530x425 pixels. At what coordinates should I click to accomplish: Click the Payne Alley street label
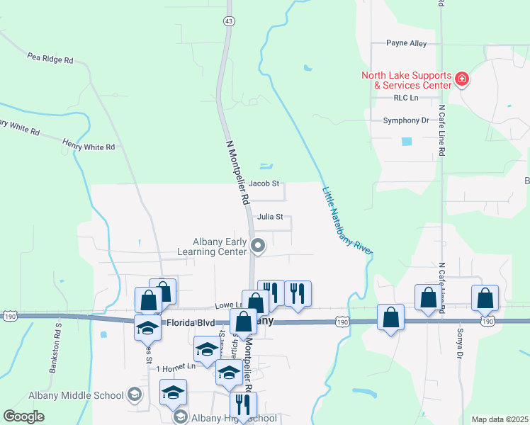point(407,43)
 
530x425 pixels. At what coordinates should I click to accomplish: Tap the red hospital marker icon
point(462,78)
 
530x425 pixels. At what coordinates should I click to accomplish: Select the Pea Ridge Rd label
point(50,57)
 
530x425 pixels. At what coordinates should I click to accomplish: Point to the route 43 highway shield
point(228,21)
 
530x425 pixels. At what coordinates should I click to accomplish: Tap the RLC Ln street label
point(407,98)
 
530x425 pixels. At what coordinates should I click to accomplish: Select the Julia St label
point(271,217)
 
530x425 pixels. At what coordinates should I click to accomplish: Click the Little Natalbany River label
point(347,220)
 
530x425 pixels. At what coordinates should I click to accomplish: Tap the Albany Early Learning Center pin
point(259,247)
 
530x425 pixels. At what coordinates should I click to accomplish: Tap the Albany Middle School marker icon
point(135,395)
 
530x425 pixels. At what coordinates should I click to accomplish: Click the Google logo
point(24,416)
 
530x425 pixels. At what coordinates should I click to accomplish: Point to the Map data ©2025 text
point(499,419)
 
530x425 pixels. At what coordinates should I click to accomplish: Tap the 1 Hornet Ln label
point(175,368)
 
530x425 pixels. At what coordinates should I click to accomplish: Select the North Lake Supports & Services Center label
point(406,80)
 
